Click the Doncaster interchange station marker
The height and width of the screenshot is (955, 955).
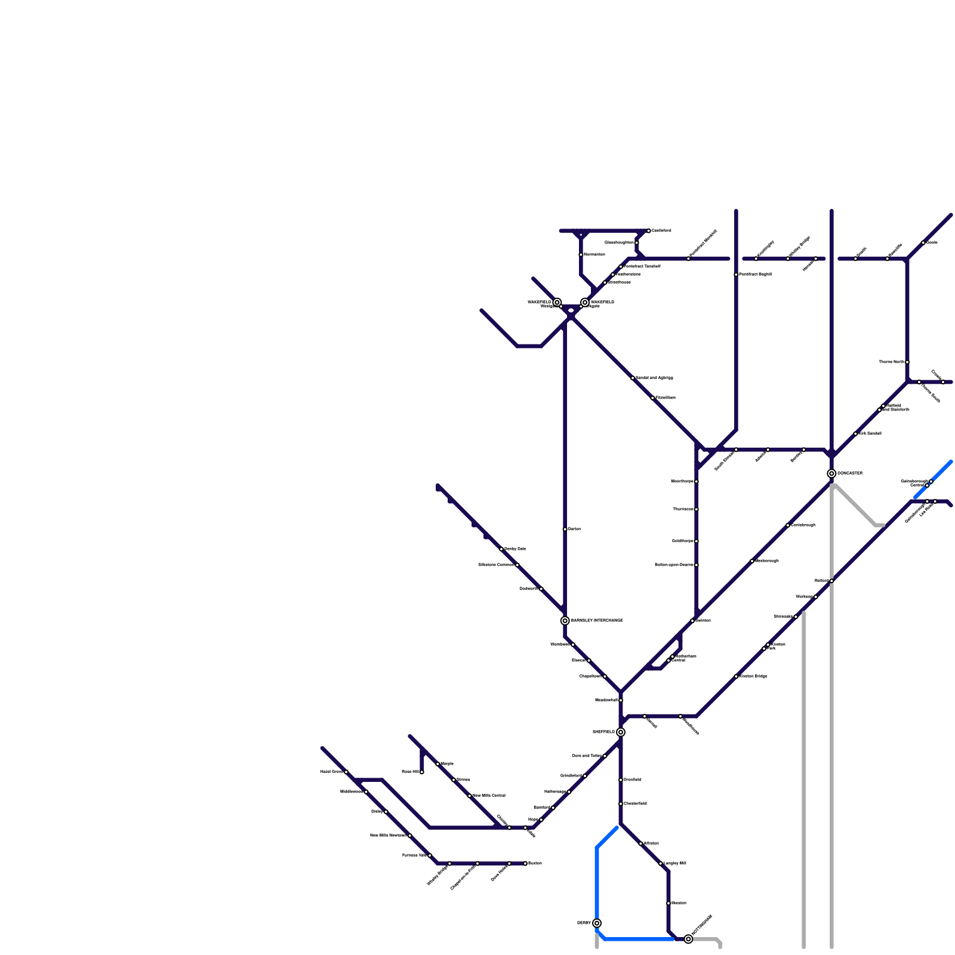(x=831, y=473)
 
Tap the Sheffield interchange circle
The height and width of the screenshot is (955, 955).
(x=621, y=732)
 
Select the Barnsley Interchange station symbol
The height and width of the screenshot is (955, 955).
(x=565, y=621)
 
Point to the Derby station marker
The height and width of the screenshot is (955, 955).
(x=597, y=923)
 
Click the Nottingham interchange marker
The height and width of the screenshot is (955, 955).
(x=688, y=939)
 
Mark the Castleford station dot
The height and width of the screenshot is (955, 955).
(x=649, y=230)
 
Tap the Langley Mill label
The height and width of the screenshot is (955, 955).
(x=675, y=863)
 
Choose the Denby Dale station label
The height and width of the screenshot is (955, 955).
(x=515, y=549)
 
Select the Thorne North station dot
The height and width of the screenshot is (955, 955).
(x=907, y=362)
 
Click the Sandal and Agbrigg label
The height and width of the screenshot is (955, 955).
(x=655, y=378)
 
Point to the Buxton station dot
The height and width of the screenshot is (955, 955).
(x=525, y=863)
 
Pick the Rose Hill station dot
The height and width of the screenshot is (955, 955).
(x=422, y=772)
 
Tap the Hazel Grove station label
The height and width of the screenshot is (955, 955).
(x=331, y=772)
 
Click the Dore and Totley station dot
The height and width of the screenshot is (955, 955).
(x=605, y=756)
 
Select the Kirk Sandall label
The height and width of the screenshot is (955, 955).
(x=870, y=433)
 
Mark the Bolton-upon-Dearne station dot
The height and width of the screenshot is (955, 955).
(x=697, y=565)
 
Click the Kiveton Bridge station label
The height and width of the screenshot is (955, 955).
(x=754, y=676)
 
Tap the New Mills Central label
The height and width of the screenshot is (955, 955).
(x=489, y=796)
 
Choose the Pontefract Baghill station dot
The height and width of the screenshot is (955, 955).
(x=736, y=275)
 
